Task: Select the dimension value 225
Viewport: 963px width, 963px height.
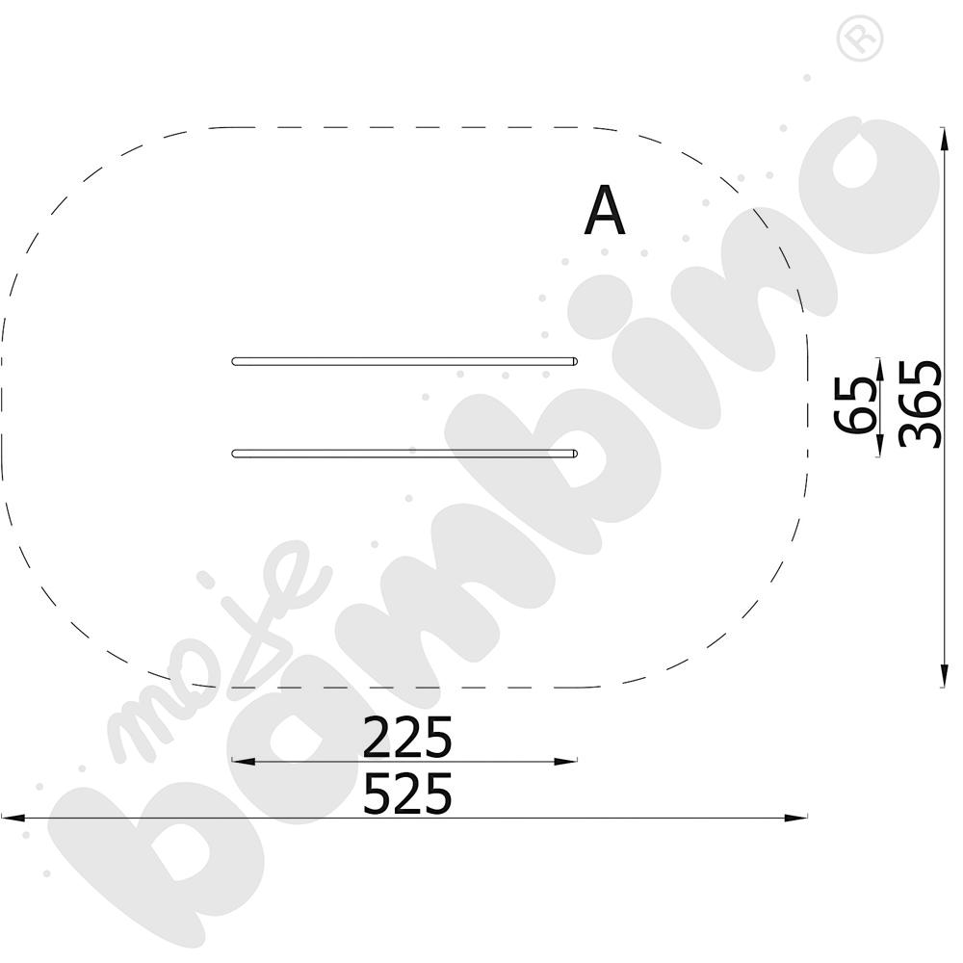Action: tap(407, 737)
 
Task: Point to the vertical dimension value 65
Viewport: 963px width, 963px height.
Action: tap(854, 405)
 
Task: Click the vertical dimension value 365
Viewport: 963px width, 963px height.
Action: tap(920, 403)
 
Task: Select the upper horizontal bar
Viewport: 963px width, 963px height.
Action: tap(404, 361)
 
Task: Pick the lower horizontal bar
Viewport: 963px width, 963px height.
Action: tap(404, 454)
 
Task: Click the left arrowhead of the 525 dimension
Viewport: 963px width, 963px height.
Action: tap(13, 818)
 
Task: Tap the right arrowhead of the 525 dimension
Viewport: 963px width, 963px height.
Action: tap(796, 818)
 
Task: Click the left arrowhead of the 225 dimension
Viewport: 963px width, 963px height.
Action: tap(244, 762)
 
